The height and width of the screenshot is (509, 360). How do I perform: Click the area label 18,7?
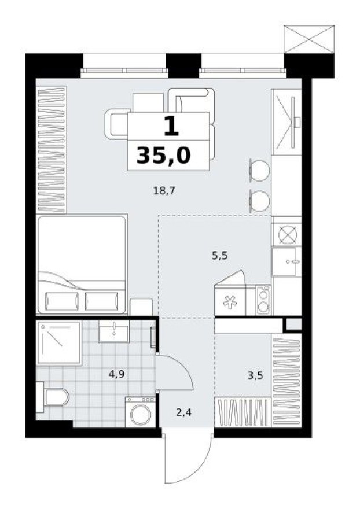164,190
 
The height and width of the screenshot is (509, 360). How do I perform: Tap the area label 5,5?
219,255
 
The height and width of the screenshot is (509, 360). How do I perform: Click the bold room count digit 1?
169,126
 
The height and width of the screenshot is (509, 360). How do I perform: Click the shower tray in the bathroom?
58,342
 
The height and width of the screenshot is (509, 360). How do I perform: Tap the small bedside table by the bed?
141,307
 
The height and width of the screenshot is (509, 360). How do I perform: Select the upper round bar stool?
259,169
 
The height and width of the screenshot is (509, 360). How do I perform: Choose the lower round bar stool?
259,200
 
